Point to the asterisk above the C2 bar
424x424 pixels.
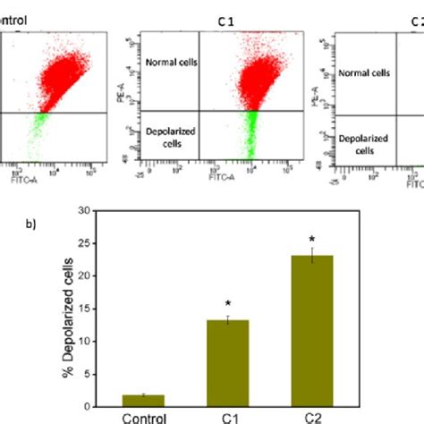pyautogui.click(x=313, y=239)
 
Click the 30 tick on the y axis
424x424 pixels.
pyautogui.click(x=87, y=210)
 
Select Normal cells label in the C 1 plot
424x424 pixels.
pyautogui.click(x=172, y=64)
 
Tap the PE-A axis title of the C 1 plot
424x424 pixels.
pyautogui.click(x=132, y=77)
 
